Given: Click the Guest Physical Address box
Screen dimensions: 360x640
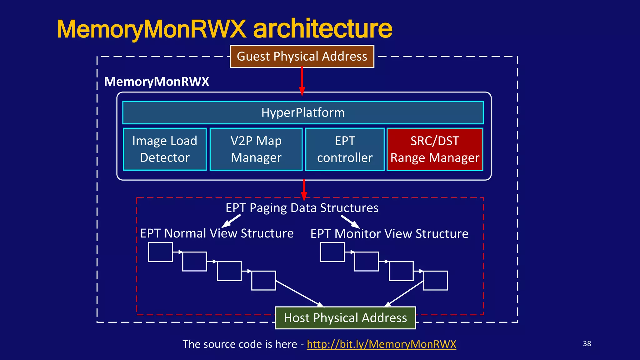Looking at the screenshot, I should point(302,57).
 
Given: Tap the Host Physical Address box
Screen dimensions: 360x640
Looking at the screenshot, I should point(345,318).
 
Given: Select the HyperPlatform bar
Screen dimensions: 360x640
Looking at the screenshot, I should point(303,112).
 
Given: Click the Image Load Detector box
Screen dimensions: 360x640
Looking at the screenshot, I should point(165,149).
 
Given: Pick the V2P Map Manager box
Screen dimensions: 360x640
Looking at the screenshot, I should point(256,149).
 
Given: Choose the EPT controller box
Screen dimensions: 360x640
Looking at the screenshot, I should point(345,149).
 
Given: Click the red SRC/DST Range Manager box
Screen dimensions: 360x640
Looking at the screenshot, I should point(435,149).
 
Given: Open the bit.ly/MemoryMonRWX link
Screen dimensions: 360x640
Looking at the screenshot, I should point(381,344).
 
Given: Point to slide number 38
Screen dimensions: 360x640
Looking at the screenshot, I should point(587,343).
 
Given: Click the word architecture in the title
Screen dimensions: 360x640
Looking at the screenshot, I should point(322,29).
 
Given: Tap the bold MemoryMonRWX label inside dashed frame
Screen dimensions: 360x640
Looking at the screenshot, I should point(157,82).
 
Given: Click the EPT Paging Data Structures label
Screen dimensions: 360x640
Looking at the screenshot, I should point(302,208).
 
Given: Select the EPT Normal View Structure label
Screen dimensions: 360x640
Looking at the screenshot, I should point(217,233).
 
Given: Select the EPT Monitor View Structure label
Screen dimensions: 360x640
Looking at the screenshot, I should point(389,234).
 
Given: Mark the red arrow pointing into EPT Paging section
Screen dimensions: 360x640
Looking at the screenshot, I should point(304,189).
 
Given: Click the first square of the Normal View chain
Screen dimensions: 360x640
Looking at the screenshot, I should point(160,252).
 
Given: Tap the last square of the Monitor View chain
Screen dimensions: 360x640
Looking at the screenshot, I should point(436,281).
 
